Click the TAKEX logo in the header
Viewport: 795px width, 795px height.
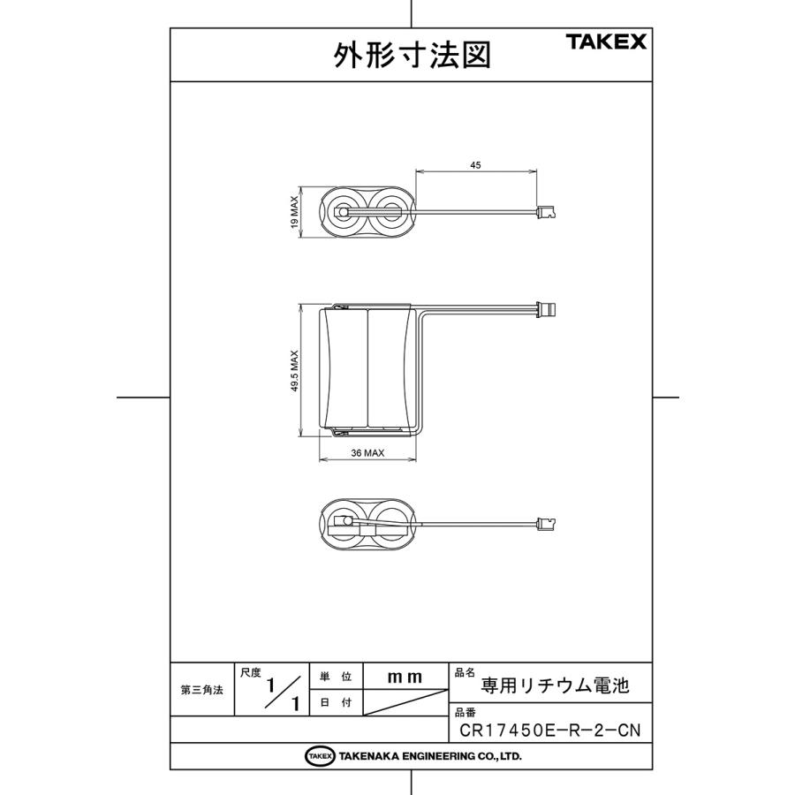[x=606, y=42]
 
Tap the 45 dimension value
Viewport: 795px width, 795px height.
[x=475, y=165]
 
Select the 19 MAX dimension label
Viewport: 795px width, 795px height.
[x=295, y=212]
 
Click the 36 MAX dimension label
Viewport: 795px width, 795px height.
[x=367, y=453]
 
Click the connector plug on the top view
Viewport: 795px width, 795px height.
[x=548, y=212]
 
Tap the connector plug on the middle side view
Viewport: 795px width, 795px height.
[x=549, y=309]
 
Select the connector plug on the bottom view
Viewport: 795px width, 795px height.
[x=548, y=523]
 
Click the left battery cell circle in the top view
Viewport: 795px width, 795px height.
[x=343, y=212]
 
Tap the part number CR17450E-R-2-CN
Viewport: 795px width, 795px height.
[x=549, y=731]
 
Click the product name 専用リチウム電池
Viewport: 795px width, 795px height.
[x=555, y=685]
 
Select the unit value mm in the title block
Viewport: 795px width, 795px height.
[x=405, y=677]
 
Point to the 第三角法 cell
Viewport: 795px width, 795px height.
[x=201, y=690]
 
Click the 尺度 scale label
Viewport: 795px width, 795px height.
[x=251, y=672]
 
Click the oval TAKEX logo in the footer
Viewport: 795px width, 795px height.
[x=319, y=756]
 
